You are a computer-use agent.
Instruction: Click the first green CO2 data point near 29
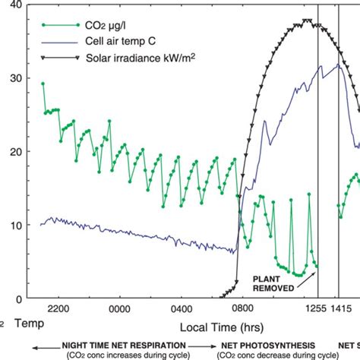pos(43,84)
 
